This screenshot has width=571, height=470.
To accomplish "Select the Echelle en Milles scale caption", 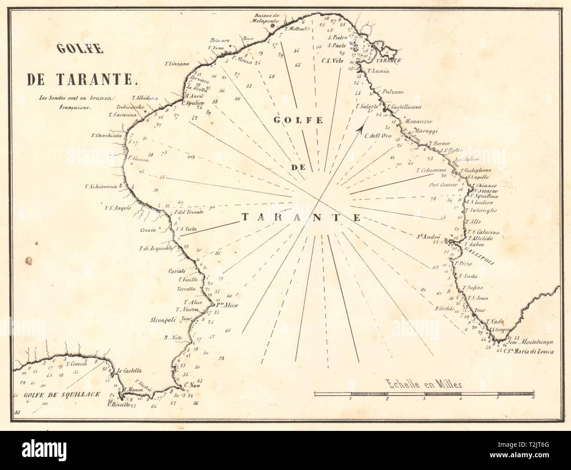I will pos(423,385).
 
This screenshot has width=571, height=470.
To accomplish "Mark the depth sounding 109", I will pos(191,157).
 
